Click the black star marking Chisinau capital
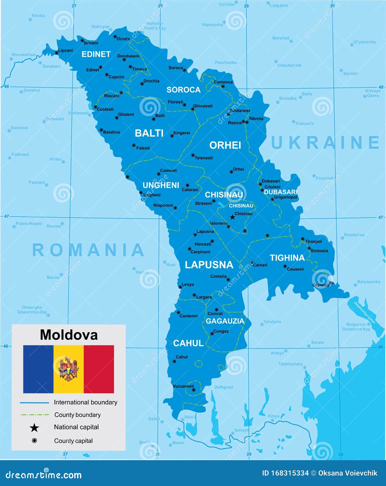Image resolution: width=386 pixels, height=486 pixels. (x=233, y=217)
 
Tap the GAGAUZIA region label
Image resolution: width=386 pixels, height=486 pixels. (x=225, y=321)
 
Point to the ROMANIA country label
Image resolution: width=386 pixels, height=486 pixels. (x=88, y=250)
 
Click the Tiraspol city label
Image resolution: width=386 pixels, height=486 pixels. (x=314, y=242)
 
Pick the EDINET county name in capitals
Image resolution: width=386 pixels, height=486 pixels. (x=96, y=54)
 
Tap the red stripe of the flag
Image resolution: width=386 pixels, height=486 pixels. (x=99, y=369)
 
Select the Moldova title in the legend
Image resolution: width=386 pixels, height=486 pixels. (x=69, y=335)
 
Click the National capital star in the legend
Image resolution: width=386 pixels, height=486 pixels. (x=34, y=428)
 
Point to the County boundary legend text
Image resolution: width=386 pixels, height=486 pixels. (x=77, y=415)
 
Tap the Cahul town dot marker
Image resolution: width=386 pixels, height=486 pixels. (x=174, y=361)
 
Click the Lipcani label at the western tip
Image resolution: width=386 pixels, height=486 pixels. (x=66, y=50)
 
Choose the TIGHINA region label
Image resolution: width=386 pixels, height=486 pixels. (x=287, y=258)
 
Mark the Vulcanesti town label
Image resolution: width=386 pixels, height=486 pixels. (x=183, y=386)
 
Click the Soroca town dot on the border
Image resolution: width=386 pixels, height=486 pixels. (x=185, y=70)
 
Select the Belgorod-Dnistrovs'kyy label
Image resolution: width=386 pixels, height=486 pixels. (x=356, y=327)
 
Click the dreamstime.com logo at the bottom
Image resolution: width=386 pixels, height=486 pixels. (x=44, y=474)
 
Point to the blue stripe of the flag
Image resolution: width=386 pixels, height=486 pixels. (x=38, y=369)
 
